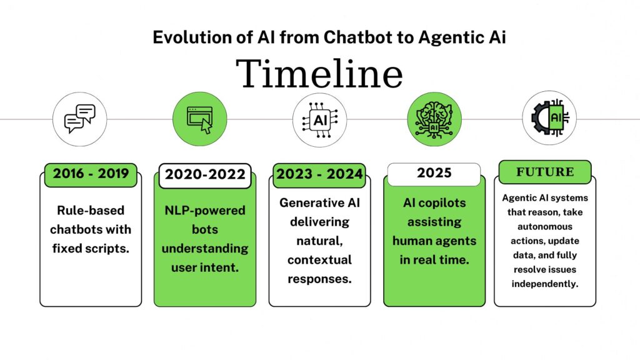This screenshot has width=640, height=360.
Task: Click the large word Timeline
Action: pyautogui.click(x=321, y=74)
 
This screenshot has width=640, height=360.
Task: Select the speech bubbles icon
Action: pyautogui.click(x=79, y=119)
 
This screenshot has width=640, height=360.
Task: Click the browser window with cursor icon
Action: pyautogui.click(x=199, y=119)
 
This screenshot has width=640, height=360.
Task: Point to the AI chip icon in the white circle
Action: pyautogui.click(x=319, y=119)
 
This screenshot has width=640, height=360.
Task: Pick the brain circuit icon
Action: pyautogui.click(x=434, y=119)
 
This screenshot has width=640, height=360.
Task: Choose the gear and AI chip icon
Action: pyautogui.click(x=549, y=119)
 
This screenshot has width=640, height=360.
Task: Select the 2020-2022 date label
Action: pyautogui.click(x=204, y=175)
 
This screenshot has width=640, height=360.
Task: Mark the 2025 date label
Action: pyautogui.click(x=434, y=173)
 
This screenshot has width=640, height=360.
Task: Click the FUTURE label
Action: pyautogui.click(x=544, y=171)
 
